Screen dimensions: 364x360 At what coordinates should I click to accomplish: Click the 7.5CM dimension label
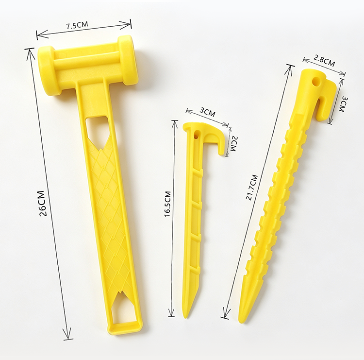click(x=77, y=25)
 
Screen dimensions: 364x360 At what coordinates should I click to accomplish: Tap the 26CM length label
click(x=43, y=204)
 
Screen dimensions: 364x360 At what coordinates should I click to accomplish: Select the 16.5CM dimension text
click(x=167, y=204)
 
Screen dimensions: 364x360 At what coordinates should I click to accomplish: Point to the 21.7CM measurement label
click(x=251, y=188)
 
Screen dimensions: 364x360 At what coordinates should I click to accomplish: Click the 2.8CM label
click(x=324, y=60)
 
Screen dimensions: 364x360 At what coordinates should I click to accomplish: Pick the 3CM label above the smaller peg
click(x=208, y=112)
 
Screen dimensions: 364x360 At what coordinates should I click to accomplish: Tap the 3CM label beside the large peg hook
click(x=343, y=104)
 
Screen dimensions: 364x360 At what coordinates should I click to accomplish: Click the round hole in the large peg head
click(x=316, y=82)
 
